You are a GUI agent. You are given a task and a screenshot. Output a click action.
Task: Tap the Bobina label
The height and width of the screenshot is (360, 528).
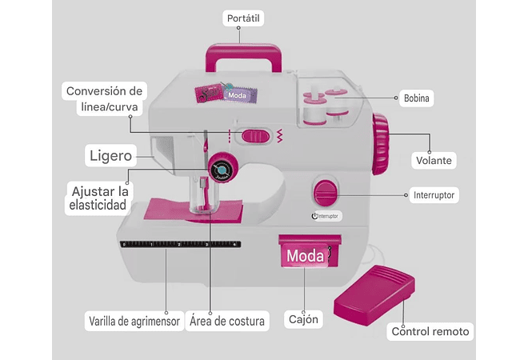[x=417, y=99]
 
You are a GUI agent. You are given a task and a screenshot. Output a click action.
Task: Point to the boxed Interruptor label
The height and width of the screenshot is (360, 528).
[x=434, y=194]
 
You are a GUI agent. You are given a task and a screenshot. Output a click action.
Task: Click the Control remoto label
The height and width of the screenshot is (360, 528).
[x=430, y=331]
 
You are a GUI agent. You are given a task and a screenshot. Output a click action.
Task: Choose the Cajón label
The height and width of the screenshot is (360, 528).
[x=304, y=320]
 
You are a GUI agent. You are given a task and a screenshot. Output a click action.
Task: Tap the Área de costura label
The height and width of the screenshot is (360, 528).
[x=226, y=322]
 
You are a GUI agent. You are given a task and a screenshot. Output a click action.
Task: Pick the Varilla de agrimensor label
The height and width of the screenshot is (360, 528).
[x=129, y=322]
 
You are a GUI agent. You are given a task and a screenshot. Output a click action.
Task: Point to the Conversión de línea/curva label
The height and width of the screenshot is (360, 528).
[x=104, y=99]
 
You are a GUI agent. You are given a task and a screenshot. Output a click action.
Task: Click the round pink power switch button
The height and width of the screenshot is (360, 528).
[x=324, y=193]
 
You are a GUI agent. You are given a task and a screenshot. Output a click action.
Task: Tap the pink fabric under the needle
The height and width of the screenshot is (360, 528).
[x=195, y=210]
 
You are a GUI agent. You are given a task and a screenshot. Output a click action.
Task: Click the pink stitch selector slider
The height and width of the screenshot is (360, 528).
[x=256, y=135]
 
